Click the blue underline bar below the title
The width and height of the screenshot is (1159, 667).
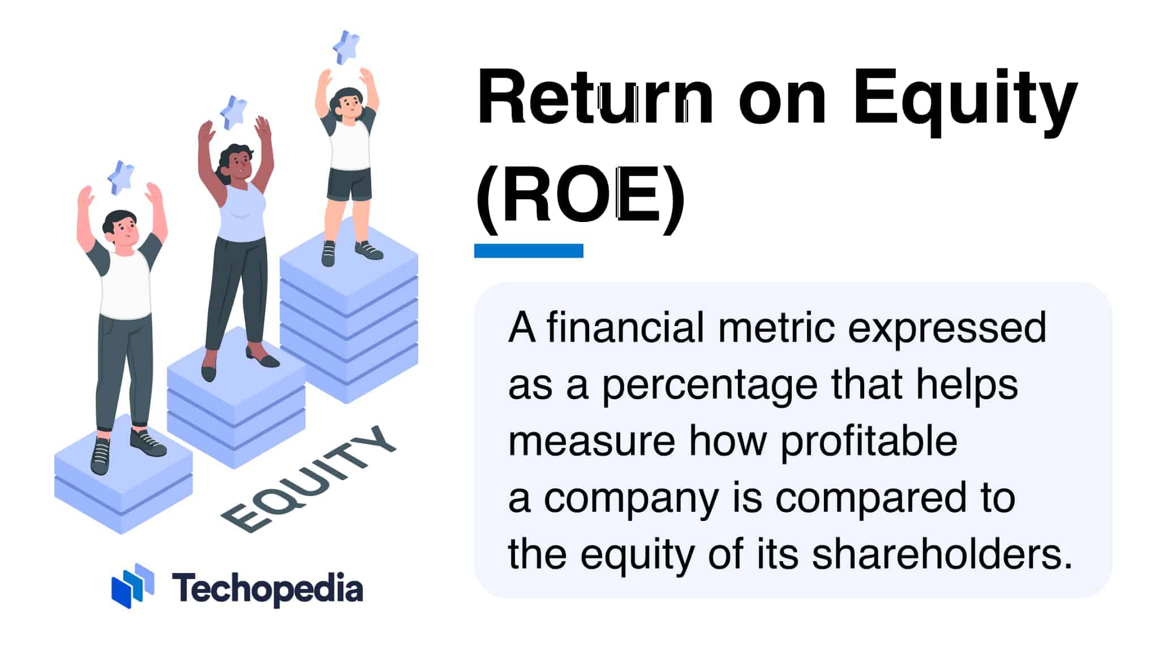[x=529, y=251]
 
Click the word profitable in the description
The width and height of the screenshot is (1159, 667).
[x=869, y=441]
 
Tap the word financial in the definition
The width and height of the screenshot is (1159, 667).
[x=625, y=328]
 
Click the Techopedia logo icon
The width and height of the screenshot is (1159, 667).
[x=133, y=586]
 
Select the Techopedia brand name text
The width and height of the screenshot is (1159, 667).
[x=267, y=588]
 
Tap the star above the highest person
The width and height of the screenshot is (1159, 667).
[x=346, y=47]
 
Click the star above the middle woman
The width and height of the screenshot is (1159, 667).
[x=234, y=112]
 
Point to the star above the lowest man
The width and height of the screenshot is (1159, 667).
[x=121, y=177]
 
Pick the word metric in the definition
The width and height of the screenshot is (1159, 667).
[x=776, y=328]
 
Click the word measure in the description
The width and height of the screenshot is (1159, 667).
[x=591, y=441]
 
